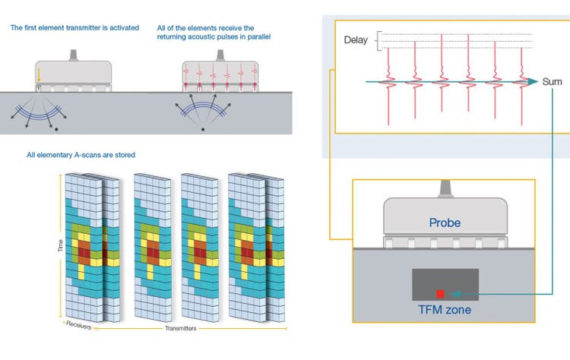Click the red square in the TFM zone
point(439,292)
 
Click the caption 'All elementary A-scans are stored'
point(81,155)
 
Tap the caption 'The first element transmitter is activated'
point(74,28)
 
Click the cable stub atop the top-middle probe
point(220,55)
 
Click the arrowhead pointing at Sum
point(537,81)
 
